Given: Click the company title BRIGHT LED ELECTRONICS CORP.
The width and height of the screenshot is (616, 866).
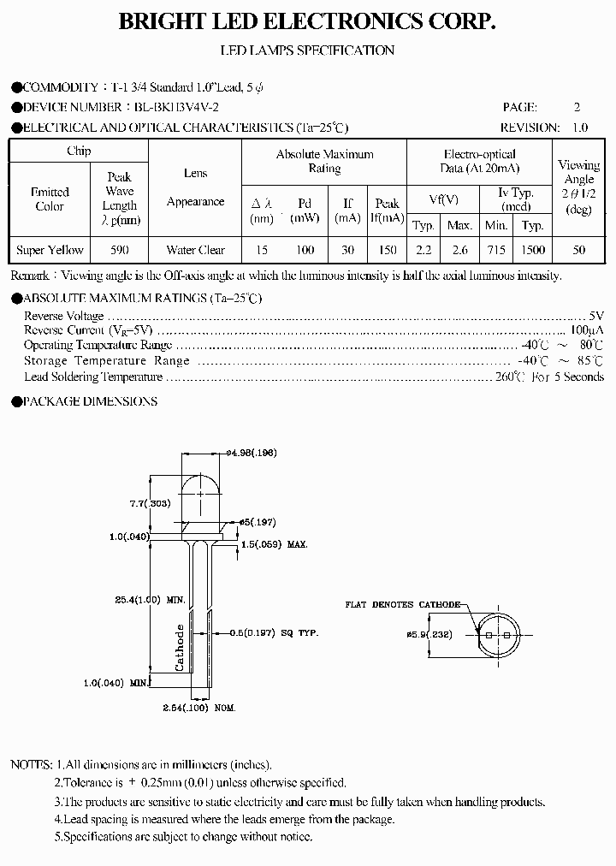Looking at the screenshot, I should click(x=307, y=23).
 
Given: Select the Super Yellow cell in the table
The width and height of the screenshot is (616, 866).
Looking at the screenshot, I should click(x=50, y=250).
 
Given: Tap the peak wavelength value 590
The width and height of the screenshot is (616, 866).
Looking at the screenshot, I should click(x=120, y=250).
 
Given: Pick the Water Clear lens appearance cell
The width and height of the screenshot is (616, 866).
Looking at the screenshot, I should click(x=195, y=250).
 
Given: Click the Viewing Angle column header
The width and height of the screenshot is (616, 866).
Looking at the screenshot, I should click(x=578, y=187).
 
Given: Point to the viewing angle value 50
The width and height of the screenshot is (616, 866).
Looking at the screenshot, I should click(x=578, y=250).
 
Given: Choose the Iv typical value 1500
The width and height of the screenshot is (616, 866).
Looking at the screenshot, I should click(x=533, y=250).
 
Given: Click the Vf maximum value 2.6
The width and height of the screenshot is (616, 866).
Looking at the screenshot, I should click(x=459, y=250).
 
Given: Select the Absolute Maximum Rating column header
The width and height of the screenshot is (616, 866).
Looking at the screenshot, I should click(x=324, y=161).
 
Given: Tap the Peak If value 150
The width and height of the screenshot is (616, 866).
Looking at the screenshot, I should click(x=387, y=250).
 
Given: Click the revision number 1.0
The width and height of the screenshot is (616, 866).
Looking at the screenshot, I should click(x=579, y=128).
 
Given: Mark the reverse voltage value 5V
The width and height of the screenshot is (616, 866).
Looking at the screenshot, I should click(x=595, y=316).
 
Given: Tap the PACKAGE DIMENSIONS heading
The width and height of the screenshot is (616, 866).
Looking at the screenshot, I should click(x=89, y=401).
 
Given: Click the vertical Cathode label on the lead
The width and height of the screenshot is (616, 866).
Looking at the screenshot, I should click(x=181, y=647).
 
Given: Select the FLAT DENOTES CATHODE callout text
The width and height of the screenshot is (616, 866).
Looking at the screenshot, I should click(x=402, y=604).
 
